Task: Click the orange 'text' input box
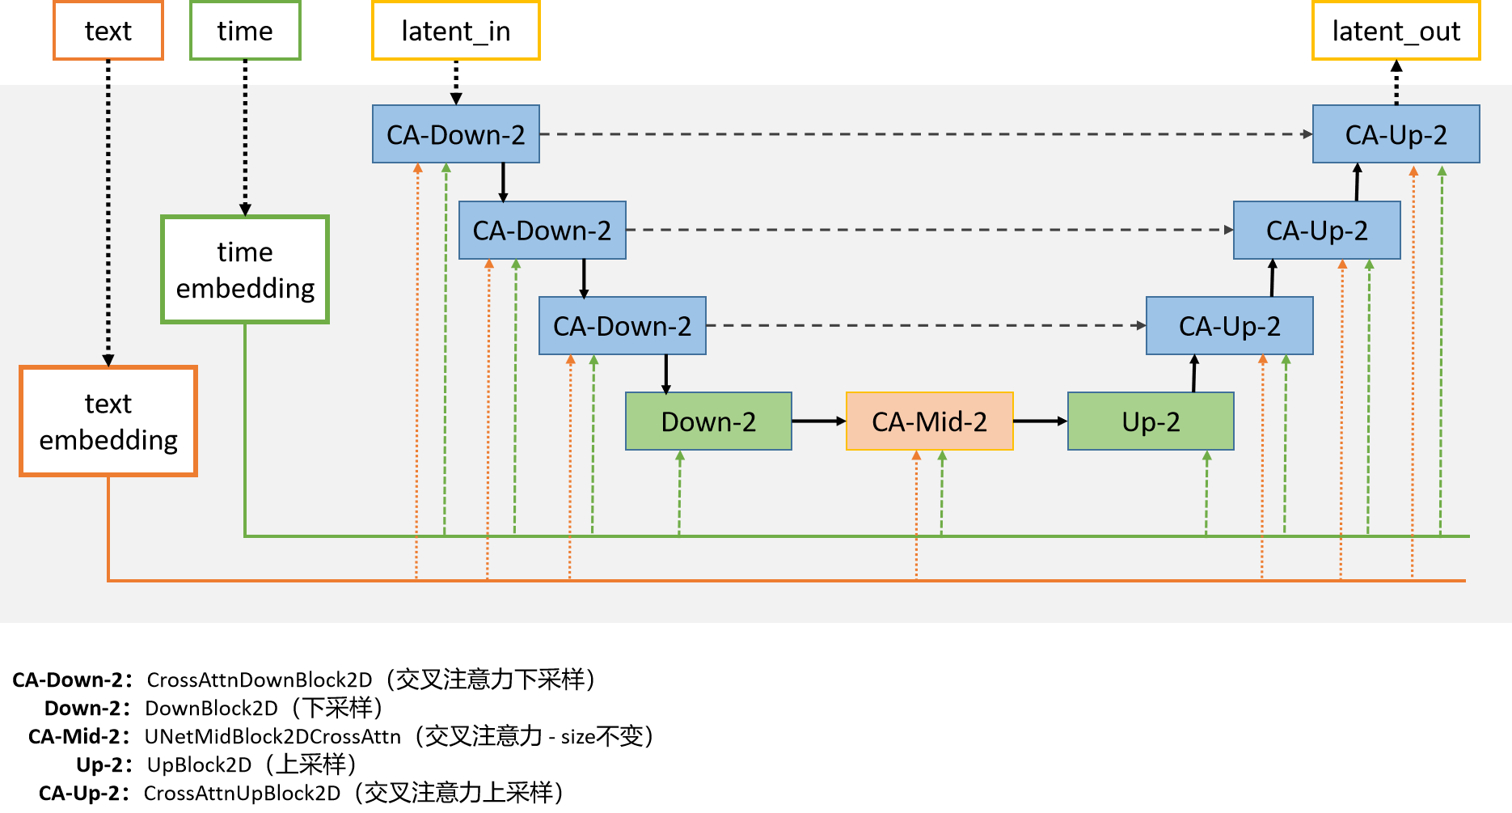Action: [108, 31]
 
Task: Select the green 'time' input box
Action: [245, 31]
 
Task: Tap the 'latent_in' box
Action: [456, 31]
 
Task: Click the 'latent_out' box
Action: [1396, 31]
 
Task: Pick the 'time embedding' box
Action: [245, 269]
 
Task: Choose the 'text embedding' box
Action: [108, 421]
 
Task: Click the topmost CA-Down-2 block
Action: [456, 134]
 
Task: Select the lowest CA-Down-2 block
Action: [623, 326]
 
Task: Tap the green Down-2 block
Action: [708, 421]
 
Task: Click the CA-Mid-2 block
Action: [929, 421]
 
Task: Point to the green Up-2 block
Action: [1151, 421]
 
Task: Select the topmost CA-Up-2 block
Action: [1396, 134]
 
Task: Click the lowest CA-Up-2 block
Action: [1229, 326]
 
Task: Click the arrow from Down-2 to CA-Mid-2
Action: [818, 421]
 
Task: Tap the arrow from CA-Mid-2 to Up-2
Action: [1040, 421]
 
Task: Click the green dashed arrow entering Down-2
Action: [680, 493]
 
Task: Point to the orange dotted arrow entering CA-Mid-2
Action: [916, 518]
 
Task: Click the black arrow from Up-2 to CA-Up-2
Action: [1194, 374]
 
